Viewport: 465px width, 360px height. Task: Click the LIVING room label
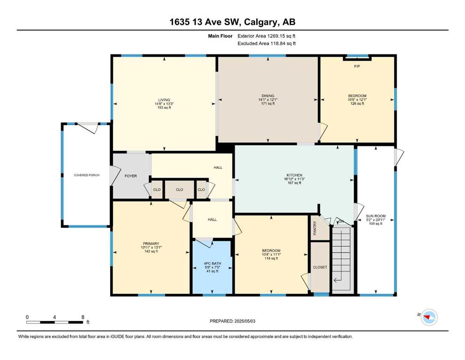(x=164, y=100)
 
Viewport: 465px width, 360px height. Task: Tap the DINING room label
(x=268, y=96)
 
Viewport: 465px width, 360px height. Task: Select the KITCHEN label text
(x=295, y=175)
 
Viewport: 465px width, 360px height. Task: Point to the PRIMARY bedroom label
(x=151, y=244)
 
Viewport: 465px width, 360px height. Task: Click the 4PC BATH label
(x=212, y=263)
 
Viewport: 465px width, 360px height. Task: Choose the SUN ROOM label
(x=376, y=216)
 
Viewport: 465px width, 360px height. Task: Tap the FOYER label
(x=131, y=176)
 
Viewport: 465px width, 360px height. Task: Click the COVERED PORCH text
(x=87, y=175)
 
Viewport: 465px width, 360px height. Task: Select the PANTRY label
(x=315, y=228)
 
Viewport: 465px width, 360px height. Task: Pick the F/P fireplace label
(x=357, y=66)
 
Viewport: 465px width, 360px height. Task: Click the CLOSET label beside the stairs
(x=320, y=267)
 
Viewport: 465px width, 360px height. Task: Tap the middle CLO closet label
(x=179, y=190)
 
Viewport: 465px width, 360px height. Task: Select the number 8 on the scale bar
(x=83, y=317)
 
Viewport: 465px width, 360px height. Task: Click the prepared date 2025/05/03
(x=244, y=321)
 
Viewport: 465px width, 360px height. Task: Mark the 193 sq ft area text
(x=164, y=107)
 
